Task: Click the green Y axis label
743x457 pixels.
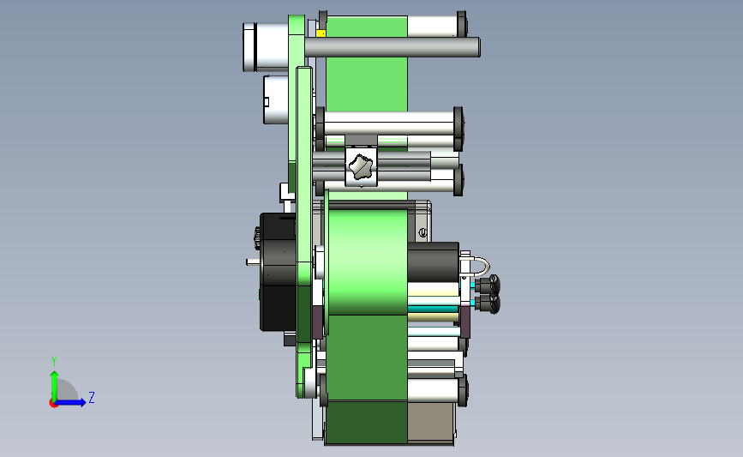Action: [x=54, y=361]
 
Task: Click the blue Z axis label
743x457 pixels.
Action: [x=92, y=397]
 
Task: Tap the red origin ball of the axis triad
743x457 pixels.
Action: [x=53, y=404]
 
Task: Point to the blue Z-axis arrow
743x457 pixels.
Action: [x=71, y=403]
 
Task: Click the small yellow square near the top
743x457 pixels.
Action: [x=321, y=33]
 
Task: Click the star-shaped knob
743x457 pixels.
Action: [x=361, y=166]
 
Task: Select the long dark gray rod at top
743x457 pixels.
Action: [x=392, y=47]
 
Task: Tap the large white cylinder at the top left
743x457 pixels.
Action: [x=266, y=47]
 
